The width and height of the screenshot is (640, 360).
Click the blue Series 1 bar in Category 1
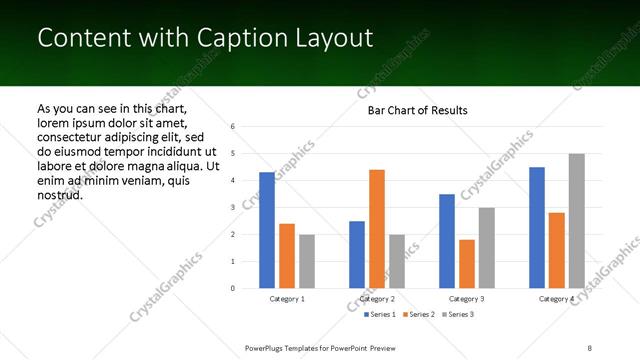click(x=267, y=230)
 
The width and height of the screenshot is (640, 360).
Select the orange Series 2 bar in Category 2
click(x=377, y=229)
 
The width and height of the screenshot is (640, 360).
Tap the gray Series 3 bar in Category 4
click(x=577, y=221)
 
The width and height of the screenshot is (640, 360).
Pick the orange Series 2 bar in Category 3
click(x=467, y=264)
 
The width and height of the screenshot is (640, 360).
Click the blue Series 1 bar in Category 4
click(x=537, y=228)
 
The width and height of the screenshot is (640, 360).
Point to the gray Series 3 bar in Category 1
click(x=307, y=261)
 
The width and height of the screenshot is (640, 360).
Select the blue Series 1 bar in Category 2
click(x=357, y=254)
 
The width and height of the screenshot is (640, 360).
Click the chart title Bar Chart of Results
click(x=418, y=110)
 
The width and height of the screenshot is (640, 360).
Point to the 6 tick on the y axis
click(x=232, y=127)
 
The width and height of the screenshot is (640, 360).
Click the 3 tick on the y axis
click(x=232, y=208)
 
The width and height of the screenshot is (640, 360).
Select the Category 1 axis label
click(x=287, y=298)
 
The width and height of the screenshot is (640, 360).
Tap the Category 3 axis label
click(x=467, y=298)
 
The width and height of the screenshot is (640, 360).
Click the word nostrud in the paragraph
click(x=59, y=194)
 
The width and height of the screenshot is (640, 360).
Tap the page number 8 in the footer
click(x=590, y=346)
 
